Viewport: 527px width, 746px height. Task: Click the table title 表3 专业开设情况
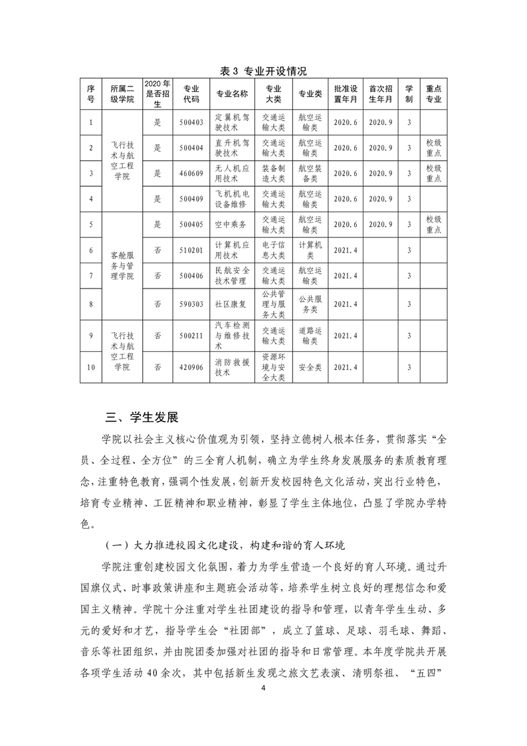263,70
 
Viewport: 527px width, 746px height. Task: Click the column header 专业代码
191,94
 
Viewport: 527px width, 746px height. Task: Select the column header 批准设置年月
346,94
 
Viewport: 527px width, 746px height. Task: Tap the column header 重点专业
433,94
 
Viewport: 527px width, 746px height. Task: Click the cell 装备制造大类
273,174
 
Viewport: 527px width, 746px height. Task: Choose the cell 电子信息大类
273,250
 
